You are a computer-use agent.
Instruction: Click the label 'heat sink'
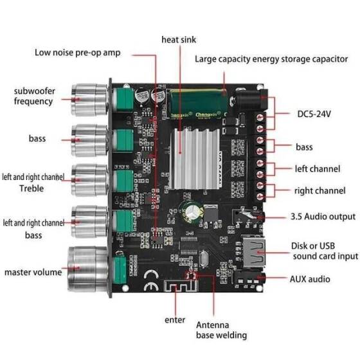179,40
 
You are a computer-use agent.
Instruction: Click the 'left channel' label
316,169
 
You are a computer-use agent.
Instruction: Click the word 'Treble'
31,188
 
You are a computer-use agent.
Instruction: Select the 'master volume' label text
33,272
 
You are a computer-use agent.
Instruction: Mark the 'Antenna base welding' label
221,330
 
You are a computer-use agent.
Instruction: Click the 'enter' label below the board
174,319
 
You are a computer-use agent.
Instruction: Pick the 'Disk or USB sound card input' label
325,250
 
